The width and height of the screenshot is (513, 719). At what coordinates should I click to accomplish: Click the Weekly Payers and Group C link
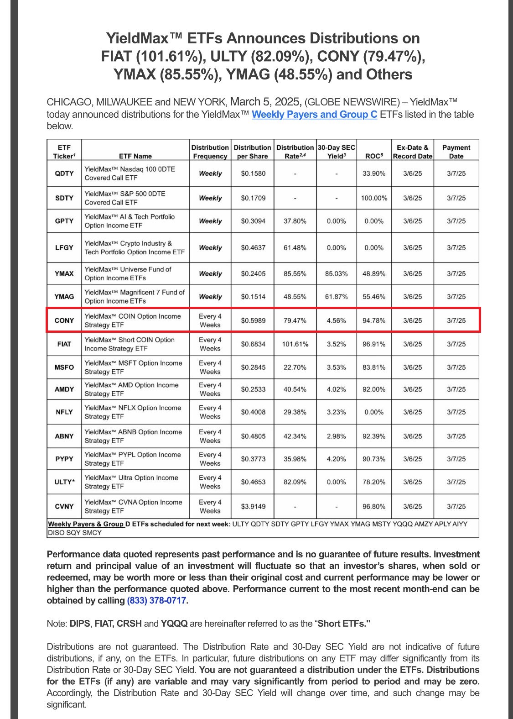[x=314, y=115]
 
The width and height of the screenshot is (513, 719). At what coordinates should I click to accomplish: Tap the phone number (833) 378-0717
[x=156, y=600]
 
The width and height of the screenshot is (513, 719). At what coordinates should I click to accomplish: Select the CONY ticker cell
[x=64, y=320]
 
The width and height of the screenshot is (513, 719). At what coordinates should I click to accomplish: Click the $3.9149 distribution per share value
[x=253, y=506]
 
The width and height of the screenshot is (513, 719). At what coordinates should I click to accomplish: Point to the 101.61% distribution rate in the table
[x=295, y=344]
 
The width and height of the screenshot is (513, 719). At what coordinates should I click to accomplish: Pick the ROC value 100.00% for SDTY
[x=374, y=198]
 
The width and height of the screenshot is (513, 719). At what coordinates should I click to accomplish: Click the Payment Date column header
[x=456, y=152]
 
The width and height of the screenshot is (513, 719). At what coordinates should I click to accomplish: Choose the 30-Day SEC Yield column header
[x=336, y=152]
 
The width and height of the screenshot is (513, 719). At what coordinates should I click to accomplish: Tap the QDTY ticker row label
[x=64, y=173]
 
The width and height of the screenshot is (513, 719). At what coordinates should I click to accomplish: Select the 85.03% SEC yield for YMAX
[x=336, y=274]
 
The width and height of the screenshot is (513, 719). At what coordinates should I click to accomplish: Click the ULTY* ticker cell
[x=64, y=482]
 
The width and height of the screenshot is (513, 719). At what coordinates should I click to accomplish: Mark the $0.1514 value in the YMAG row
[x=253, y=297]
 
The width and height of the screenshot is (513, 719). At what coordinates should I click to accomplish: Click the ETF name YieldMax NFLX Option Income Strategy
[x=133, y=412]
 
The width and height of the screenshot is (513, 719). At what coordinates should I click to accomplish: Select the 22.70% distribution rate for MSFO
[x=295, y=367]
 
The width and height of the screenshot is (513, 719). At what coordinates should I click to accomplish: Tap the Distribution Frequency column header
[x=210, y=152]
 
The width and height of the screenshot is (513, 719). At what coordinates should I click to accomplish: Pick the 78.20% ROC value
[x=374, y=482]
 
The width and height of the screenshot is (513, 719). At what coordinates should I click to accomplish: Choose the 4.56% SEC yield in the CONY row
[x=336, y=320]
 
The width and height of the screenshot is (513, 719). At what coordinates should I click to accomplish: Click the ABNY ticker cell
[x=64, y=436]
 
